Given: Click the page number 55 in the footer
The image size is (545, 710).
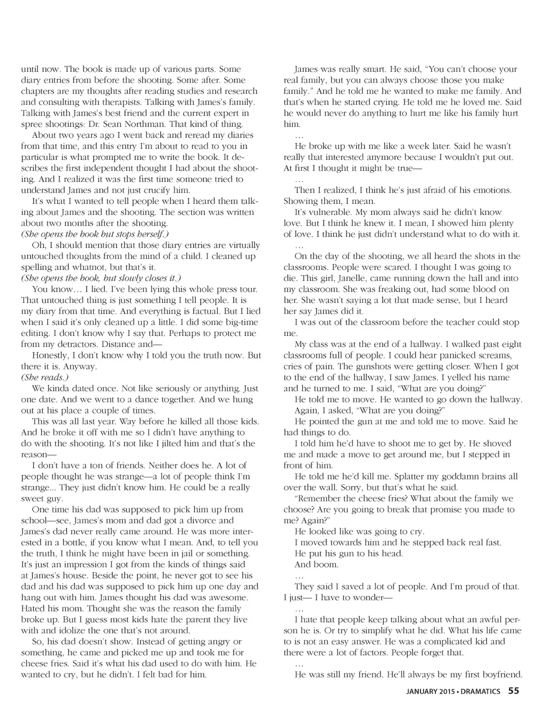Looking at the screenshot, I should (514, 691).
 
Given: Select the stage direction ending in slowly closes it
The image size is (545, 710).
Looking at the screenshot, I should (101, 278).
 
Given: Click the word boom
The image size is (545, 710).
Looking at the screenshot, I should (326, 565).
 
